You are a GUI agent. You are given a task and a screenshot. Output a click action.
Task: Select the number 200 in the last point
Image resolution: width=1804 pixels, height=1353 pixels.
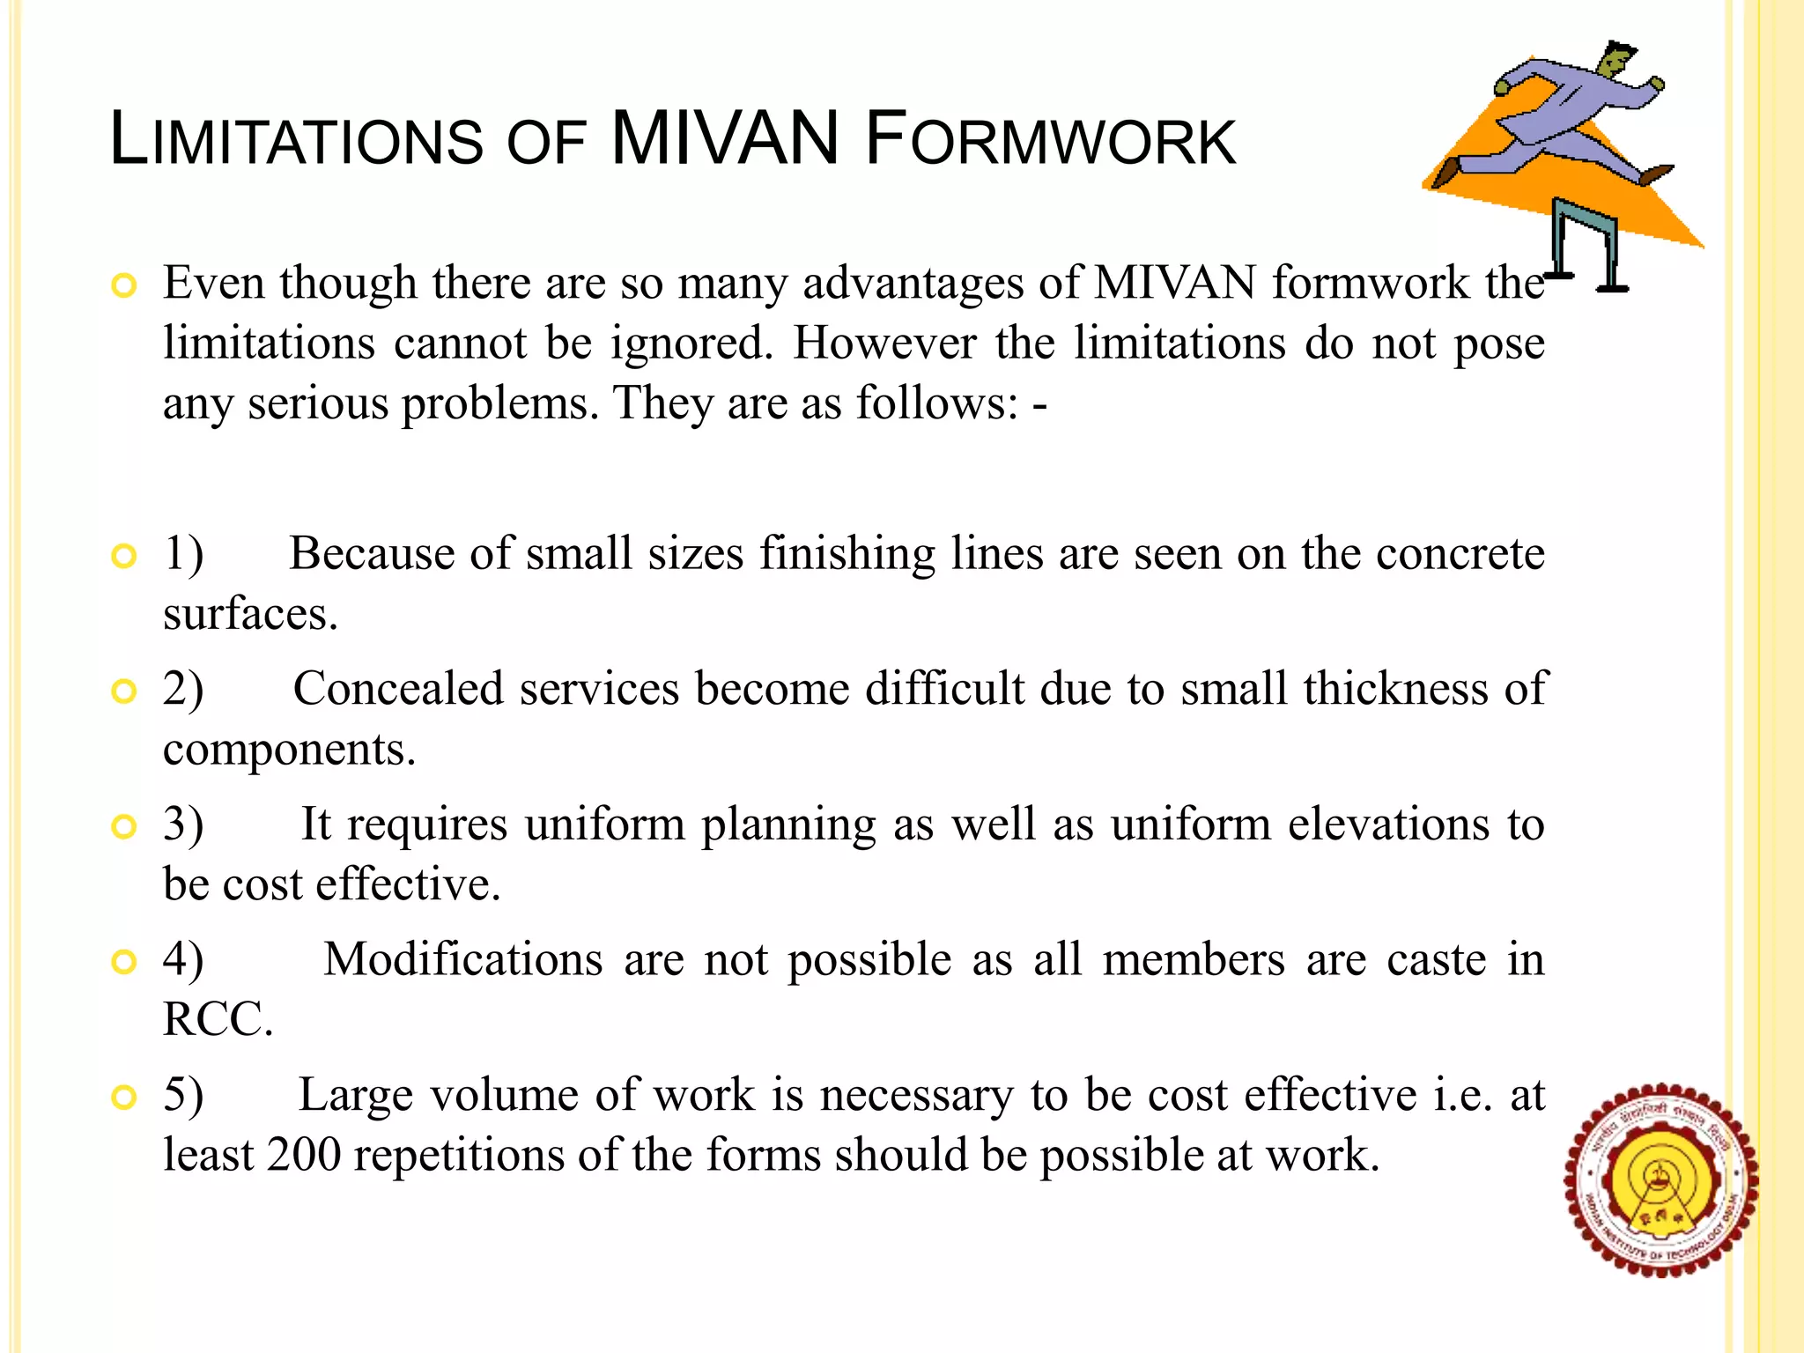coord(303,1155)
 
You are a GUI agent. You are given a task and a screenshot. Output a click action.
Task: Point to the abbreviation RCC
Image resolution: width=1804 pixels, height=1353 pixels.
coord(218,1019)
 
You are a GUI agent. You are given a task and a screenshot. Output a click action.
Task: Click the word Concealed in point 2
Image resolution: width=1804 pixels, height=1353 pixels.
coord(397,688)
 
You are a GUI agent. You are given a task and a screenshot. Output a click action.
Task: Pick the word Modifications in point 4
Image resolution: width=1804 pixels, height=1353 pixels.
coord(462,959)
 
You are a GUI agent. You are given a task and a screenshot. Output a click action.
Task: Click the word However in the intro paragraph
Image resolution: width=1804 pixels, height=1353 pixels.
coord(884,343)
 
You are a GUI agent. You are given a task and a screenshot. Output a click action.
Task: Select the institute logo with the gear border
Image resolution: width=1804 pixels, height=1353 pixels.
coord(1660,1179)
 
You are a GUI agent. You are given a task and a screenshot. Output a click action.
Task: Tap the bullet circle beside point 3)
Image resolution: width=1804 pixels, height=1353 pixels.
coord(124,826)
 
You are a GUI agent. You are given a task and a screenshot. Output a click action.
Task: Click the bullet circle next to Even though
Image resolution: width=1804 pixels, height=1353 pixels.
coord(124,285)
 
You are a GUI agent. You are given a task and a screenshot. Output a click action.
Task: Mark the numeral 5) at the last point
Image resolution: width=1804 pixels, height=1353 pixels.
coord(183,1095)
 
